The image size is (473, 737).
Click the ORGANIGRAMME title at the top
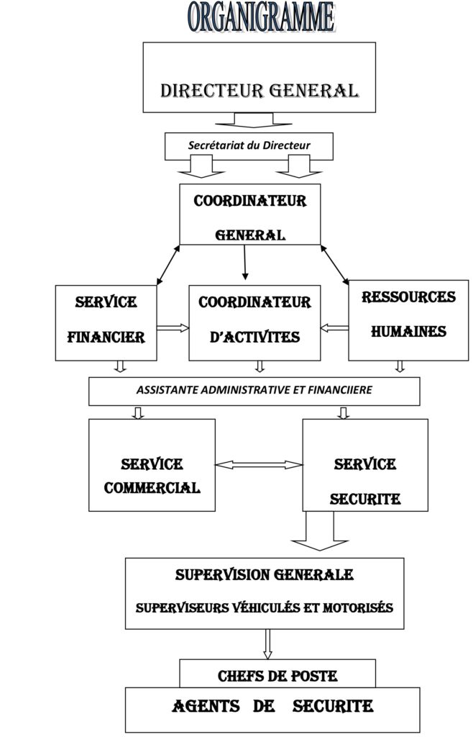click(261, 17)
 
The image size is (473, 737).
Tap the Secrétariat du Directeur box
click(249, 145)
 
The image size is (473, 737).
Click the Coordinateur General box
click(250, 214)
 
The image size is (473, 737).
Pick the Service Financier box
click(106, 322)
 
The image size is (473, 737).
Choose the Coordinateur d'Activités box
click(254, 322)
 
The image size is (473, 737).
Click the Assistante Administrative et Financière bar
click(254, 391)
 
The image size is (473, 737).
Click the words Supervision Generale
click(264, 575)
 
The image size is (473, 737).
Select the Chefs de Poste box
click(277, 676)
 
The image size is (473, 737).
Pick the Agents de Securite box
click(273, 708)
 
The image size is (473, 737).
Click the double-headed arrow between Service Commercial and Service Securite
click(259, 464)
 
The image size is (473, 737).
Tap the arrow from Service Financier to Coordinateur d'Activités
click(173, 328)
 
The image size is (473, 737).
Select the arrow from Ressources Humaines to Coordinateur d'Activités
click(334, 328)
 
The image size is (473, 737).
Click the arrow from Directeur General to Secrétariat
click(249, 119)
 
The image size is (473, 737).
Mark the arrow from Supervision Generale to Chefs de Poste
click(267, 643)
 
